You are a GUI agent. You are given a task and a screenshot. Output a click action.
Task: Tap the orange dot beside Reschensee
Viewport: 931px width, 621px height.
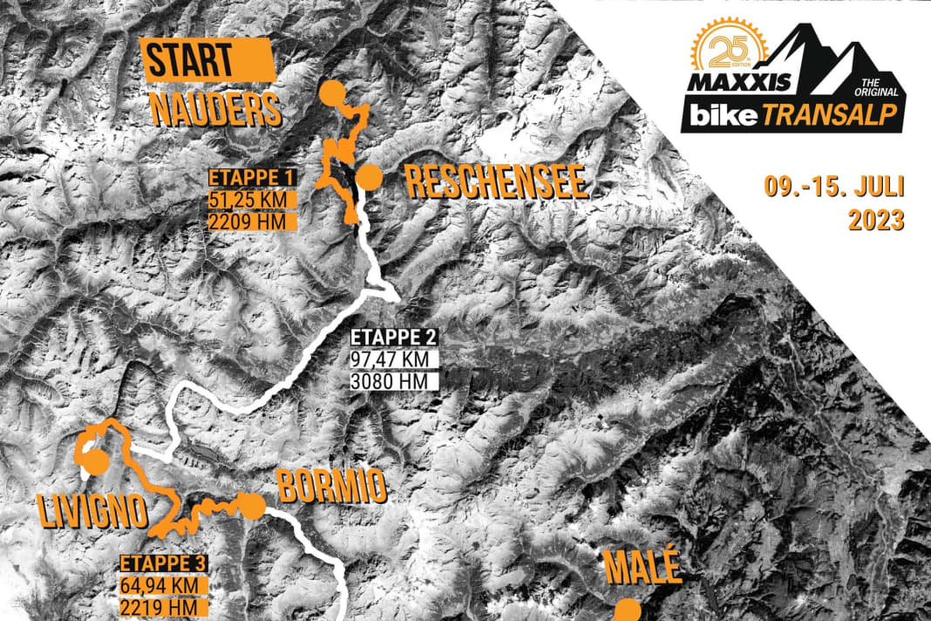tap(370, 177)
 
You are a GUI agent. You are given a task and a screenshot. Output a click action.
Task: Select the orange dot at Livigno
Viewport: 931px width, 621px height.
tap(93, 461)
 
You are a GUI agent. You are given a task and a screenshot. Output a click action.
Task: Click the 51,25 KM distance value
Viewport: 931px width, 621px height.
tap(251, 199)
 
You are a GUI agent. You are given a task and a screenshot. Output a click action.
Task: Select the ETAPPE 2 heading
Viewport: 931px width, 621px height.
tap(393, 338)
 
